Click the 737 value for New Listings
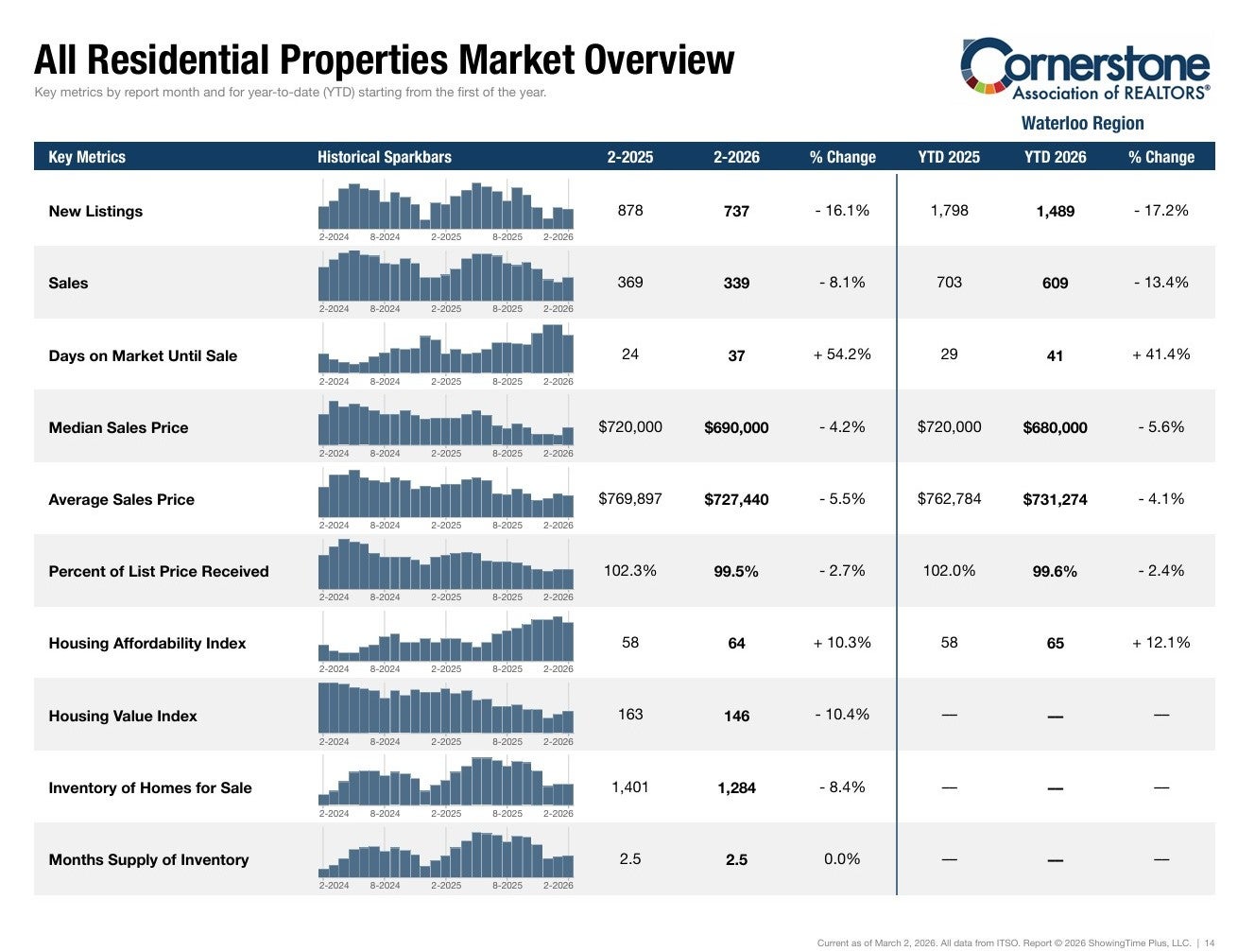[736, 211]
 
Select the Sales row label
[68, 283]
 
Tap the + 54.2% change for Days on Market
[842, 354]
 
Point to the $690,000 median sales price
[736, 427]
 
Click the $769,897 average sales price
[629, 498]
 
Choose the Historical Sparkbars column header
[385, 157]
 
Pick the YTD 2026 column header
[1055, 157]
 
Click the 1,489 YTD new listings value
[1055, 211]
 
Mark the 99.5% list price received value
[736, 571]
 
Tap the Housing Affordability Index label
[146, 644]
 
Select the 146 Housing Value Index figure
[736, 716]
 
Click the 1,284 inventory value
[736, 788]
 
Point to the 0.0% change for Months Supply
[842, 859]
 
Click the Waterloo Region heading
[1082, 123]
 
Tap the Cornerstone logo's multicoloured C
[979, 65]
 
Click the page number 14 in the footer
[1209, 943]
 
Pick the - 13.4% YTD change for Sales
[1160, 283]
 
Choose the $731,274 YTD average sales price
[1055, 499]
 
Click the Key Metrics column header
[87, 157]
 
